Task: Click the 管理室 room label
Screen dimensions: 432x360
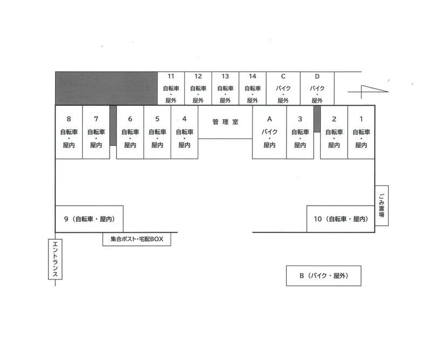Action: coord(225,122)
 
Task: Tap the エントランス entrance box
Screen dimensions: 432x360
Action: coord(55,259)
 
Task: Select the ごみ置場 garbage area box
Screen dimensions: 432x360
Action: coord(382,206)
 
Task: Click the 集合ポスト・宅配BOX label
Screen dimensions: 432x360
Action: coord(137,239)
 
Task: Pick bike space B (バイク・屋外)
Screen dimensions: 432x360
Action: coord(323,276)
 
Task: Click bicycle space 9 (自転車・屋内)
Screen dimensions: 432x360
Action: coord(89,219)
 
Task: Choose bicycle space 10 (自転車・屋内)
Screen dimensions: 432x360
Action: coord(341,219)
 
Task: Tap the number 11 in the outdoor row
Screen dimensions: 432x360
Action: coord(171,76)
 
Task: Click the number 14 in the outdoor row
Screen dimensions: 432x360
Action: coord(252,76)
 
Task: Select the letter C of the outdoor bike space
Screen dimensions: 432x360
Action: coord(283,76)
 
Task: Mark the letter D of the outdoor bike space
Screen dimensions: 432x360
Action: coord(317,76)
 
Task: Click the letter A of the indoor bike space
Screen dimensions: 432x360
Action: coord(269,119)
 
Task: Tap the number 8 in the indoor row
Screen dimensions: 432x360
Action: coord(69,119)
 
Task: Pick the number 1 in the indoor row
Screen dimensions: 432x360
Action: coord(361,119)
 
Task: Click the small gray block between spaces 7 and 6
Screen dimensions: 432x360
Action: coord(113,125)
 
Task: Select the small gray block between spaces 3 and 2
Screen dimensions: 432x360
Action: coord(317,119)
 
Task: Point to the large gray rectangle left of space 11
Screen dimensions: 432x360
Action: coord(106,89)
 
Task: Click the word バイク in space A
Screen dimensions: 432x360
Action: coord(269,132)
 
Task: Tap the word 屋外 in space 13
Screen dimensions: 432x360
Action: coord(225,100)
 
